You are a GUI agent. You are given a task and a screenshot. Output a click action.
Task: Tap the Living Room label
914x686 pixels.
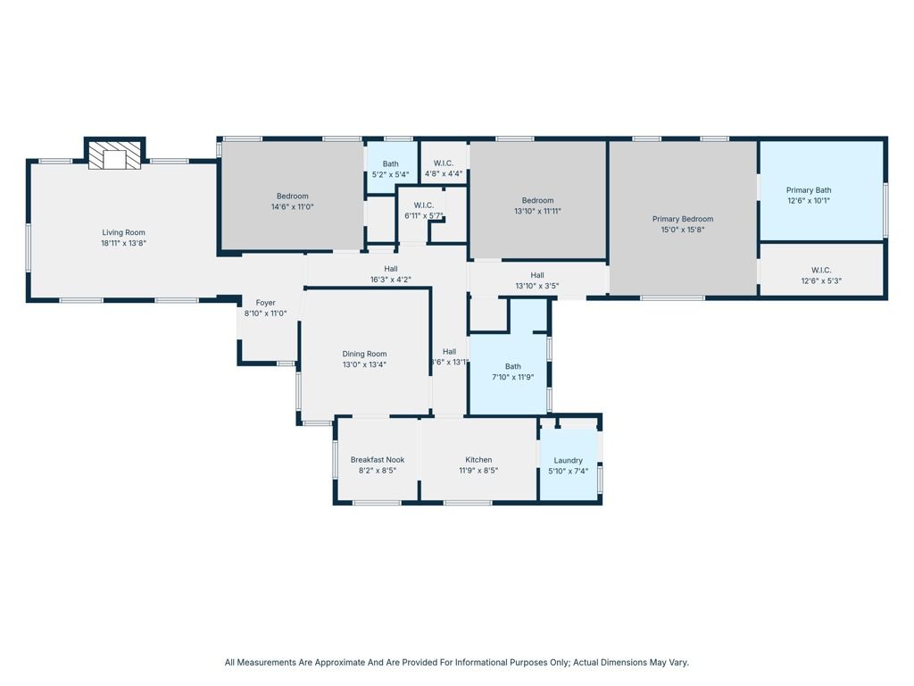(123, 232)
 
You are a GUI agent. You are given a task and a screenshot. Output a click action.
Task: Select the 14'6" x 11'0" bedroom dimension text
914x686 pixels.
(292, 206)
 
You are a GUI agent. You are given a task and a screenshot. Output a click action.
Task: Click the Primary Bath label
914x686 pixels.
(808, 189)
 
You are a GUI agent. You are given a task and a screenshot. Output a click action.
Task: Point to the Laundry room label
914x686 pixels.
(568, 460)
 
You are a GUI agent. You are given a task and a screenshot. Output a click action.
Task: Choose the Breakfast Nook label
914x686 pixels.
(377, 460)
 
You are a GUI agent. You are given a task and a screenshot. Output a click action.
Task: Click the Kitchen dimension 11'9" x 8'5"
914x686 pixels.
(478, 471)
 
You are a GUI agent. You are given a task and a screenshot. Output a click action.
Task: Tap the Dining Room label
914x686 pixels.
(364, 354)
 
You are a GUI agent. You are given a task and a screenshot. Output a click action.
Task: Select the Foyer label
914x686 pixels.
(265, 303)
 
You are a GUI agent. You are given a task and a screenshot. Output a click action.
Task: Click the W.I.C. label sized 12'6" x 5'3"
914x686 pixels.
(821, 270)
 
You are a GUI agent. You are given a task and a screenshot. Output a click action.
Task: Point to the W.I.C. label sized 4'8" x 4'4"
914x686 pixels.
(444, 163)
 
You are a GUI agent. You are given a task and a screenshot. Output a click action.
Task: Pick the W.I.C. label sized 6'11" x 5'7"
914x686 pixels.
(423, 205)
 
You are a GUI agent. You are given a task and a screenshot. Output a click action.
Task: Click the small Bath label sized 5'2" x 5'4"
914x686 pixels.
(390, 163)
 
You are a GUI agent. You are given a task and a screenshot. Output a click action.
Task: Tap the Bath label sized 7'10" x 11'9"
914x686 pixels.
(512, 366)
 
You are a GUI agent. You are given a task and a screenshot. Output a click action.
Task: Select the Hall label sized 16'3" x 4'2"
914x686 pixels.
(391, 268)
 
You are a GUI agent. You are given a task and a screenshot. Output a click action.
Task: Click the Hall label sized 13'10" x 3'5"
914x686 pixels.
(537, 275)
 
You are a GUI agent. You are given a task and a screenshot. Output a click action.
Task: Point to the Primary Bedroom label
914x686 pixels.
(683, 219)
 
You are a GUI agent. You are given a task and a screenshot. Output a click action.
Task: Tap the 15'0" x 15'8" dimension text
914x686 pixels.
(683, 230)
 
